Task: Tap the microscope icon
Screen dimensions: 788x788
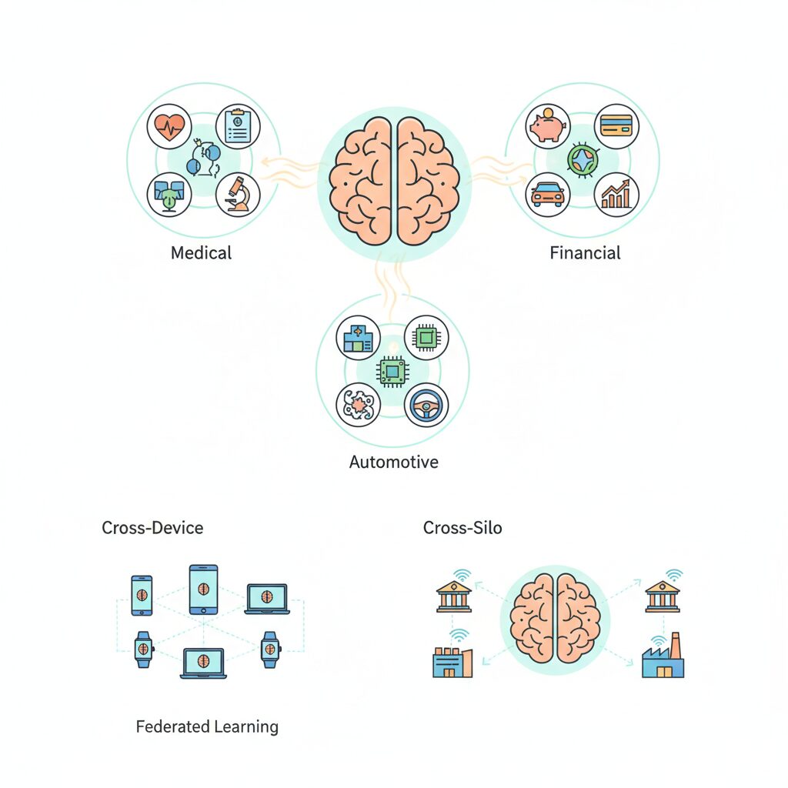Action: [x=237, y=193]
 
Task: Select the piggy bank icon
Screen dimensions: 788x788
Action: [x=548, y=126]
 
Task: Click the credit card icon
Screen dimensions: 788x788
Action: [x=616, y=125]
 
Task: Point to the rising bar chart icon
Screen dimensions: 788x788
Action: [x=616, y=194]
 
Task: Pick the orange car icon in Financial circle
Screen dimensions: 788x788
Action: [x=549, y=194]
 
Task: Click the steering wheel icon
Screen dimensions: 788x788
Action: [x=426, y=405]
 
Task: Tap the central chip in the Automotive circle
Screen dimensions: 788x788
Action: [x=392, y=371]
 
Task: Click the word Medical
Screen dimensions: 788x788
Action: [x=201, y=252]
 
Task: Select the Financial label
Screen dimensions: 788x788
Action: [x=585, y=252]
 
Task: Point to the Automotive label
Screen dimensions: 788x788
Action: [x=393, y=462]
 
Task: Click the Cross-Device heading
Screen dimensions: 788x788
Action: [x=152, y=528]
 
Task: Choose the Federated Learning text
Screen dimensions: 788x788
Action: [x=207, y=726]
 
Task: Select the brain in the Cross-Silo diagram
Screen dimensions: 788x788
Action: [x=556, y=620]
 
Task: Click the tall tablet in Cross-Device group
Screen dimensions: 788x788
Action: [x=203, y=589]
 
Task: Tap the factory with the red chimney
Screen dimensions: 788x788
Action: [x=663, y=658]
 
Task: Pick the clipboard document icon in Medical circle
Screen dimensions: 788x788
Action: [x=237, y=127]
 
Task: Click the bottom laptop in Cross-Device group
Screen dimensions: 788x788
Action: [x=203, y=663]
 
